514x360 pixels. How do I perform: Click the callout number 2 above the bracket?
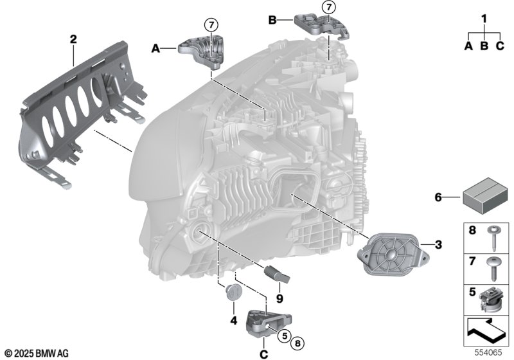(x=73, y=40)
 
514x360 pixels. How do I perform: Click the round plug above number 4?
(x=234, y=292)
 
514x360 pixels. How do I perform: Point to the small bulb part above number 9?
(x=277, y=273)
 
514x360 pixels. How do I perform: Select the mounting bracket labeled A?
(x=201, y=52)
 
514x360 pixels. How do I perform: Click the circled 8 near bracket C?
(x=297, y=343)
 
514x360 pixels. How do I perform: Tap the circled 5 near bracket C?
(x=284, y=336)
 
